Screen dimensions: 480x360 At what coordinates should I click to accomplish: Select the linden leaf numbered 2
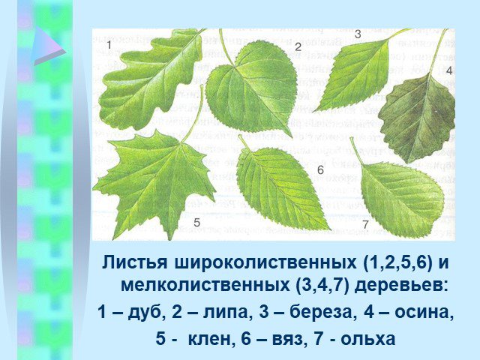coord(251,88)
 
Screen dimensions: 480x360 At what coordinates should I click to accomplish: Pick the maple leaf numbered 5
coord(156,181)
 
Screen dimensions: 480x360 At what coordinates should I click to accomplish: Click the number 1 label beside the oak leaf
coord(109,46)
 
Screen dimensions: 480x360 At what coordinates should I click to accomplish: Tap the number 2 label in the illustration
coord(298,46)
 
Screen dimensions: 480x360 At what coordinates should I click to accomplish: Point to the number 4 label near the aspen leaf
coord(449,70)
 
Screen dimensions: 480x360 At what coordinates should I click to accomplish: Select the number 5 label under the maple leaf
coord(196,223)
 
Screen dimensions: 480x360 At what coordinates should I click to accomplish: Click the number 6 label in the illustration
coord(320,170)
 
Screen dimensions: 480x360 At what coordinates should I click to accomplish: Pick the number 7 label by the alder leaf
coord(365,224)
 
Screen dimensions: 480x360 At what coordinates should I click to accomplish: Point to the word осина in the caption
coord(424,313)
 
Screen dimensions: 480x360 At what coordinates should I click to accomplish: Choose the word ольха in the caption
coord(368,339)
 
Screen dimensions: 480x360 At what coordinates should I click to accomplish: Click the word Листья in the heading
coord(135,263)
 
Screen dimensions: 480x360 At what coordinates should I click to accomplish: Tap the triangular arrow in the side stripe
coord(48,46)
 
